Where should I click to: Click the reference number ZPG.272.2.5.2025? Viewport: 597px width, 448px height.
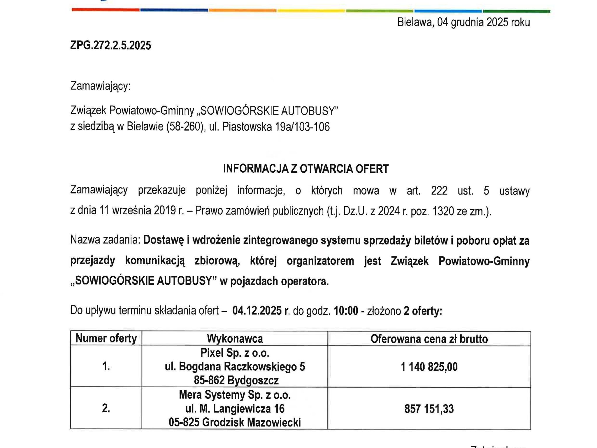click(x=110, y=45)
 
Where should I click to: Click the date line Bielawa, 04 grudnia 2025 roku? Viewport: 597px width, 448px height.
click(x=463, y=22)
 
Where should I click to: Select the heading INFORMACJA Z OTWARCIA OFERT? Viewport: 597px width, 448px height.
click(x=306, y=169)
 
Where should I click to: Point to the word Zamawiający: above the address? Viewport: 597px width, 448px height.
click(x=100, y=86)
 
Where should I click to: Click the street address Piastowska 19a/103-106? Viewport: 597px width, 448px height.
click(x=276, y=127)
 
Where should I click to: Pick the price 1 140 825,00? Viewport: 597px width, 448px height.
click(x=429, y=367)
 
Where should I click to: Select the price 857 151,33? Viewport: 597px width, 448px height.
click(x=429, y=409)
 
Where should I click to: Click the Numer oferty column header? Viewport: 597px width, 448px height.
click(x=106, y=339)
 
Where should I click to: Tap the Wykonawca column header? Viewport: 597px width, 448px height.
click(x=235, y=339)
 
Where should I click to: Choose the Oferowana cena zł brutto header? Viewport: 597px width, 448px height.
click(x=429, y=339)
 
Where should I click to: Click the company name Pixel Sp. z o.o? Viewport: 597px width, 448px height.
click(x=235, y=353)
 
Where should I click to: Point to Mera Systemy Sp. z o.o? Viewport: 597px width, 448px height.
click(x=235, y=395)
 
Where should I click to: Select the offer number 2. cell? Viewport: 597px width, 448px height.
click(x=106, y=408)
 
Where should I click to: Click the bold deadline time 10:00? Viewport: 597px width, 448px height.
click(x=346, y=311)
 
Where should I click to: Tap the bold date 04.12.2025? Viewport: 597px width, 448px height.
click(x=257, y=311)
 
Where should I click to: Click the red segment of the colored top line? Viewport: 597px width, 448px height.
click(x=105, y=10)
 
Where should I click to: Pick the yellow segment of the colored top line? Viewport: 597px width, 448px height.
click(x=311, y=11)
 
